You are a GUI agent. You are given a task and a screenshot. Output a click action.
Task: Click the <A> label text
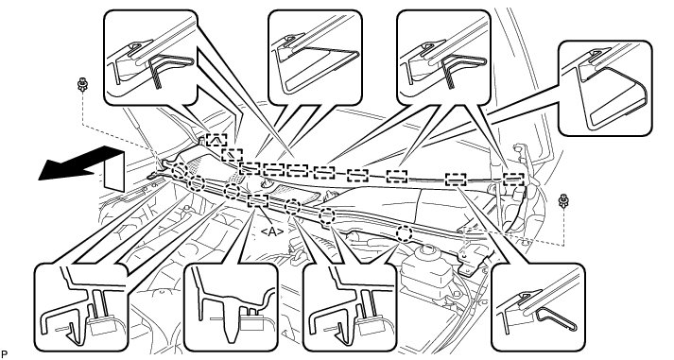[272, 232]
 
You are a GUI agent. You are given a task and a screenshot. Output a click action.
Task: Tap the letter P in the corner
[5, 354]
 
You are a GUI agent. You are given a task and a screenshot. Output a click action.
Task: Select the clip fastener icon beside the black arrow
[81, 85]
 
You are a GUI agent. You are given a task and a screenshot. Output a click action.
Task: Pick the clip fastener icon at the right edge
[563, 201]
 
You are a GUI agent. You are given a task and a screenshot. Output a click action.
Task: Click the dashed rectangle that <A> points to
[258, 201]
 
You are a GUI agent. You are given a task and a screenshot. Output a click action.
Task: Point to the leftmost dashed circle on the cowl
[180, 170]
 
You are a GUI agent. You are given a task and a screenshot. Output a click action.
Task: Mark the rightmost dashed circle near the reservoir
[404, 233]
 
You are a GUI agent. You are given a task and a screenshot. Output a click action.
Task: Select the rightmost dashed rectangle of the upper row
[513, 179]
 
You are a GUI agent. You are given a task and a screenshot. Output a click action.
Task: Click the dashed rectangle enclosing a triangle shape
[216, 140]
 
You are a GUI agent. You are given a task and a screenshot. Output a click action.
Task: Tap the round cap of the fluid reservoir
[426, 252]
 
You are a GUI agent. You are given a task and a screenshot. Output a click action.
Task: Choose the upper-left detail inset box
[150, 57]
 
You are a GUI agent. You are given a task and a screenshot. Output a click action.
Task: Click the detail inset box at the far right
[605, 88]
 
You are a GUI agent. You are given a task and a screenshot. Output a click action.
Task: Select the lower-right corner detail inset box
[538, 308]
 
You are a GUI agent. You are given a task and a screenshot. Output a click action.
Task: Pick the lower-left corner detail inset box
[80, 308]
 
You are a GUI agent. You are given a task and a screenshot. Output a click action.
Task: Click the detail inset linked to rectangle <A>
[231, 308]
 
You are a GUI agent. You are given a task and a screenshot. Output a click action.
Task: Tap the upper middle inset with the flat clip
[315, 57]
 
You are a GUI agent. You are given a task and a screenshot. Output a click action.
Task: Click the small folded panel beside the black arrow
[113, 171]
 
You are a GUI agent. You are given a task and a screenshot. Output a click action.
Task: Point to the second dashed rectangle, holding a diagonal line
[233, 155]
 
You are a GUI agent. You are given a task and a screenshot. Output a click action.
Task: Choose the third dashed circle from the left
[233, 191]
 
